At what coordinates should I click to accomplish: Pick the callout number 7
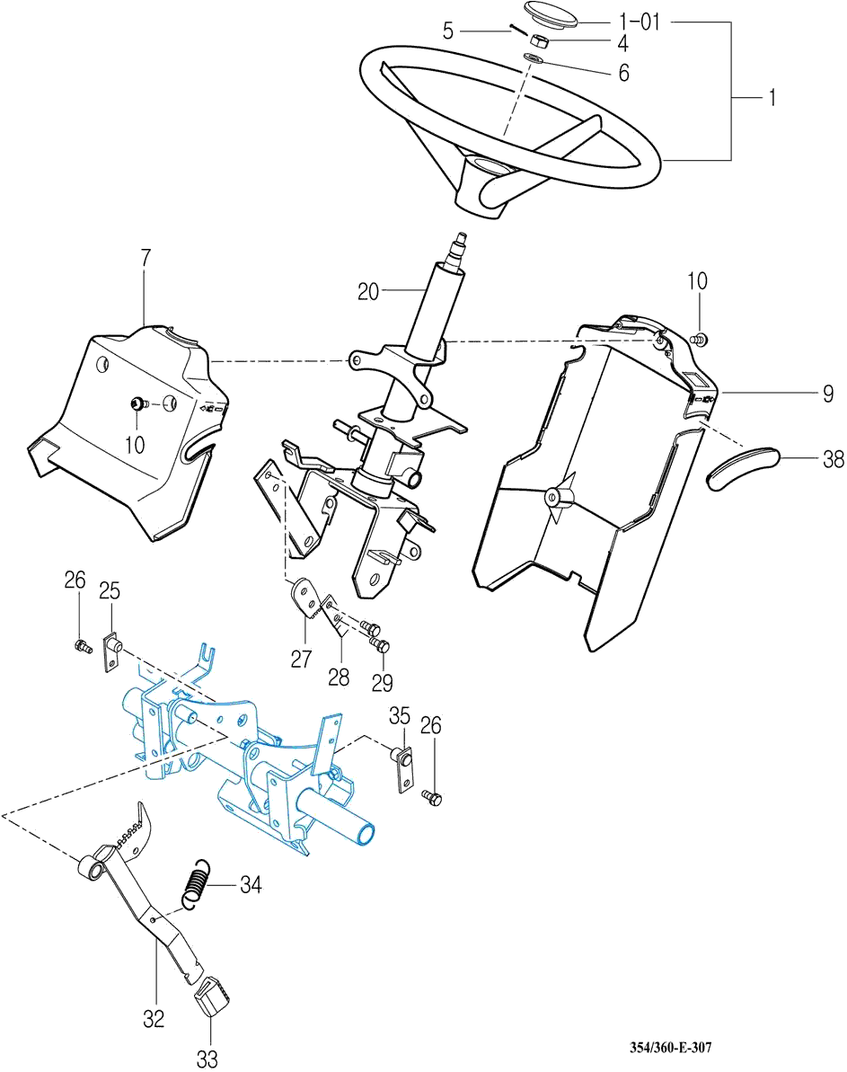click(146, 258)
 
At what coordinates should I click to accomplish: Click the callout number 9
click(827, 393)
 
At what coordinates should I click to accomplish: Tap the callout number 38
click(833, 460)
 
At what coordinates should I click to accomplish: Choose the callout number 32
click(154, 1018)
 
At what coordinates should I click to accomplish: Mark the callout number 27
click(302, 659)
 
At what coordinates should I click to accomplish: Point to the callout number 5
click(448, 31)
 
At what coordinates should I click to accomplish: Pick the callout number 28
click(339, 676)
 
